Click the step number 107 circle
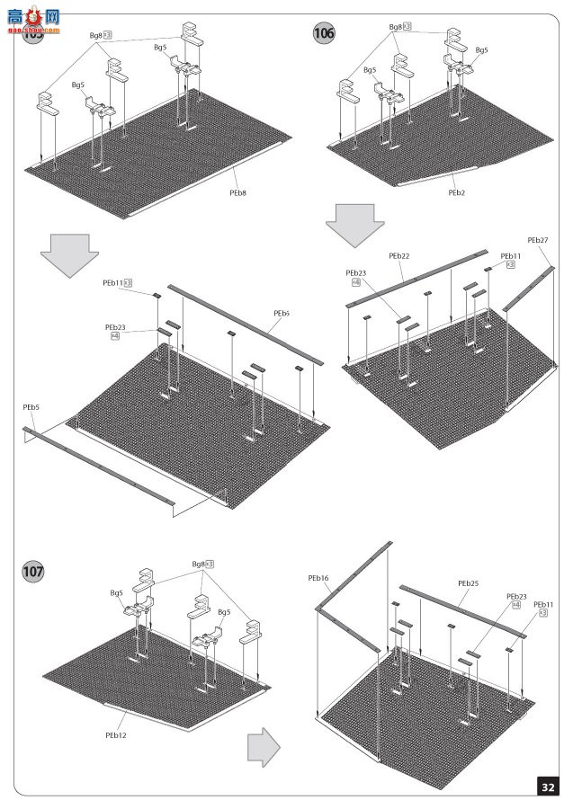tap(34, 571)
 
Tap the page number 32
tap(547, 787)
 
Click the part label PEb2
tap(457, 191)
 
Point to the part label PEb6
tap(282, 313)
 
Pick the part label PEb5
tap(31, 407)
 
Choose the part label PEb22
tap(399, 256)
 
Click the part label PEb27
tap(538, 240)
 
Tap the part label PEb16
tap(318, 578)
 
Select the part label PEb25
tap(468, 583)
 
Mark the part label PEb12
tap(114, 734)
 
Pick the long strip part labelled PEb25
tap(463, 612)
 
